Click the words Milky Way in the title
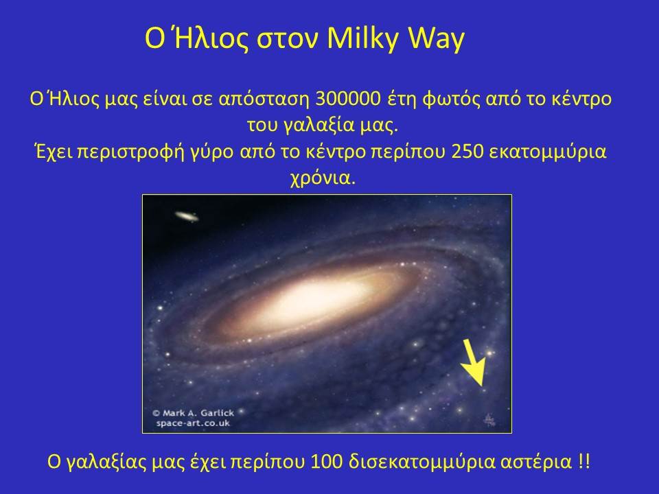[395, 38]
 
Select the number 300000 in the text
[348, 99]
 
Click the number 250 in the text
[467, 152]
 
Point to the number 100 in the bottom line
[326, 462]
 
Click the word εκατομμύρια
[548, 152]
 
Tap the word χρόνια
[323, 178]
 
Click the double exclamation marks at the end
[583, 462]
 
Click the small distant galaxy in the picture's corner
[187, 216]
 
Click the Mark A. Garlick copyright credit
[193, 413]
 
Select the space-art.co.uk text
[194, 423]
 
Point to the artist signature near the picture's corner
[489, 420]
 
